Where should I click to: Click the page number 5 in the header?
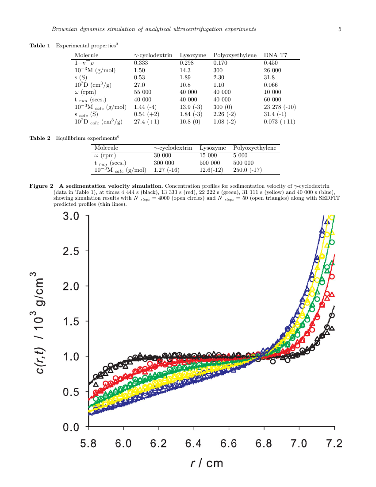tap(340, 29)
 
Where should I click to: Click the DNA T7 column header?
tap(275, 55)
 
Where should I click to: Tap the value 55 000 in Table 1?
tap(142, 92)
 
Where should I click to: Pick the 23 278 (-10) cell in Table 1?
tap(280, 107)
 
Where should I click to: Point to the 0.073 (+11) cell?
tap(279, 121)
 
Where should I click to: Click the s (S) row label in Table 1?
tap(80, 77)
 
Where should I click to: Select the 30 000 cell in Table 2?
tap(162, 155)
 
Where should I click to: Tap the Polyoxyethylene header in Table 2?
tap(255, 147)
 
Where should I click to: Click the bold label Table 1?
tap(40, 46)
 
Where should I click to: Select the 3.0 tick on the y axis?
tap(71, 216)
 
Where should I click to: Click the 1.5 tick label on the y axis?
tap(71, 321)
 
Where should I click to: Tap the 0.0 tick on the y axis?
tap(71, 427)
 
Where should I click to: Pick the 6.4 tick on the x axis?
tap(194, 444)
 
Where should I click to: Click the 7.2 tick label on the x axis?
tap(334, 444)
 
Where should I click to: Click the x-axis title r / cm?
tap(207, 463)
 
